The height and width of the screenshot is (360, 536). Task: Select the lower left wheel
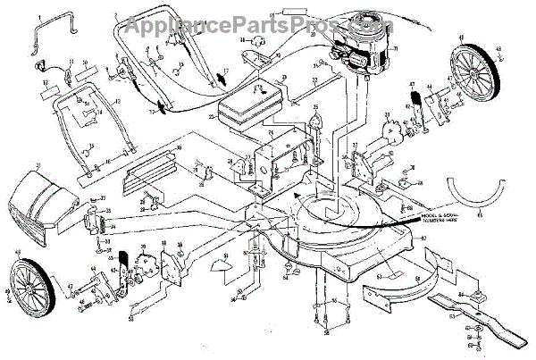[31, 283]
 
